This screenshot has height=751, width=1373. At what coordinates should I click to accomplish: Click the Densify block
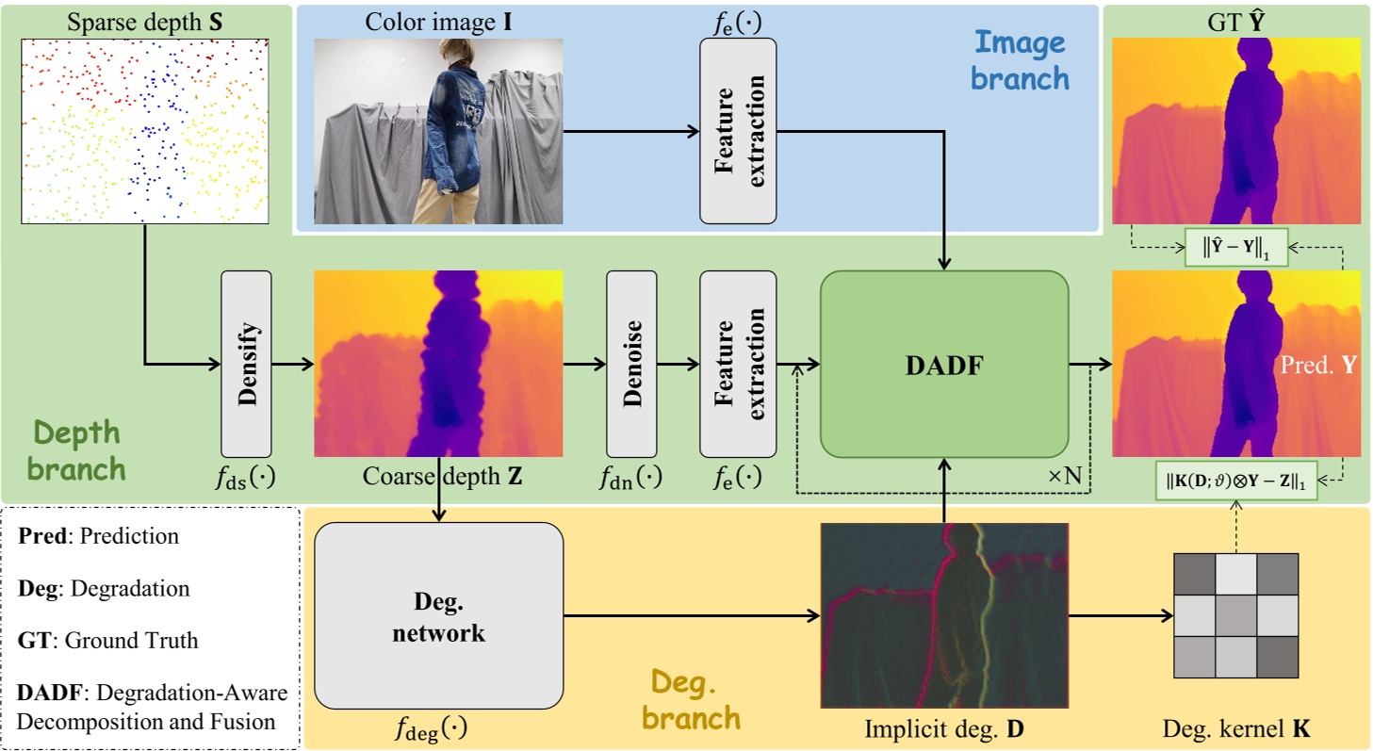(x=246, y=364)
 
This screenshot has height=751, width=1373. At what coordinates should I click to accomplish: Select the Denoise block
(x=631, y=364)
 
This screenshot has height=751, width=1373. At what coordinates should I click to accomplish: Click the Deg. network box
(x=438, y=616)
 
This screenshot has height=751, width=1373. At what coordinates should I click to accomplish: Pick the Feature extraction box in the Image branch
(x=738, y=131)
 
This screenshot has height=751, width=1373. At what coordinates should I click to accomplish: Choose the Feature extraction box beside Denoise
(x=738, y=364)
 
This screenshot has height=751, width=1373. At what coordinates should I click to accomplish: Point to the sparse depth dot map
(x=144, y=131)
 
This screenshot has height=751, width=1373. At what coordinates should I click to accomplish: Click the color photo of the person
(x=438, y=131)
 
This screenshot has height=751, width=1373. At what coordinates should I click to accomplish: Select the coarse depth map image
(x=438, y=364)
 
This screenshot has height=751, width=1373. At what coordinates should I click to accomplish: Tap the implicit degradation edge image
(x=944, y=615)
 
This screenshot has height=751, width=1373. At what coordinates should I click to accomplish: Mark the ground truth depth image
(x=1236, y=131)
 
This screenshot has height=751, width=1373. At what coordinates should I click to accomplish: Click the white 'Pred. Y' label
(x=1316, y=366)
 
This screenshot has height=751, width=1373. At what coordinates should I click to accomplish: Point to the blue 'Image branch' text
(x=1020, y=59)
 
